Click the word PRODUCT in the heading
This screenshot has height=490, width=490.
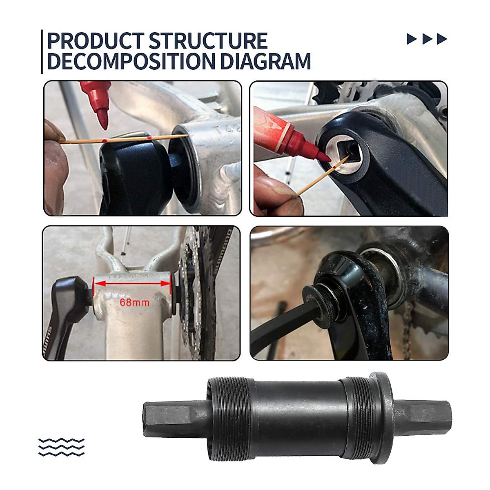95,41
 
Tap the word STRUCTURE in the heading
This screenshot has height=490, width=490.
208,41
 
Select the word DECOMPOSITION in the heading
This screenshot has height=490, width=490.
131,61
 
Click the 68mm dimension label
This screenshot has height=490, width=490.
134,303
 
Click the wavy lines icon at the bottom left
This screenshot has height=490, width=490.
61,447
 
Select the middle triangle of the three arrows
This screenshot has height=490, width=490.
427,39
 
